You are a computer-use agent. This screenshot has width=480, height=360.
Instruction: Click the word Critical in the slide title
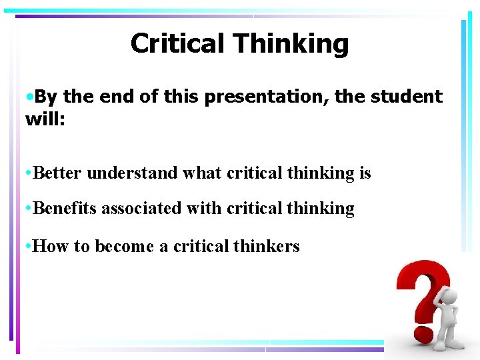click(178, 43)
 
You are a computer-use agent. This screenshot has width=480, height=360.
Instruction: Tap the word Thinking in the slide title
click(291, 45)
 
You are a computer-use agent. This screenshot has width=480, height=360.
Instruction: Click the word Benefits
click(63, 209)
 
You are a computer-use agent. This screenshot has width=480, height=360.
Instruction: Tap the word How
click(51, 246)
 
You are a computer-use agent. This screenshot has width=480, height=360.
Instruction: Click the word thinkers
click(267, 246)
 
